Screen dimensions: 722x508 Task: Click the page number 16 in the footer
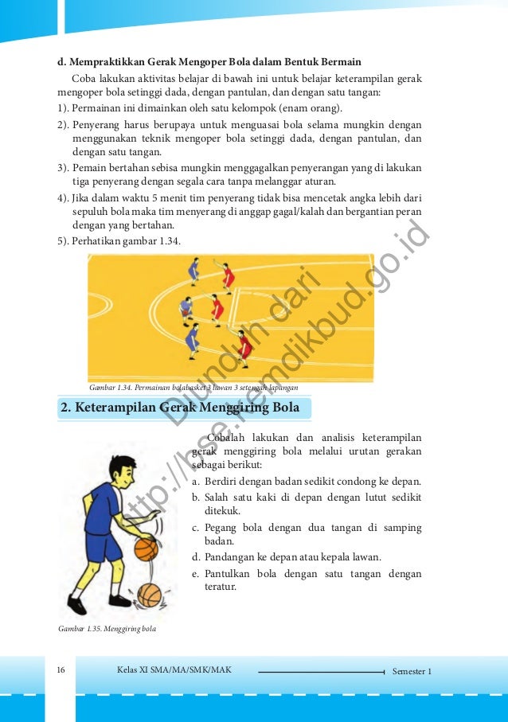click(x=61, y=670)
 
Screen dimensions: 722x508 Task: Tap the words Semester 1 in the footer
click(x=412, y=671)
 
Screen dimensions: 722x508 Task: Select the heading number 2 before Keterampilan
click(x=67, y=409)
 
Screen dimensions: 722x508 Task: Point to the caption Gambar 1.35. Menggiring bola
click(x=107, y=629)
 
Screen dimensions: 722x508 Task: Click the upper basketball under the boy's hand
click(x=146, y=548)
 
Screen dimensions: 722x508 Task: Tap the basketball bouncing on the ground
click(x=149, y=594)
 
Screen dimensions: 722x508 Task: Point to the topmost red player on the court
click(x=229, y=275)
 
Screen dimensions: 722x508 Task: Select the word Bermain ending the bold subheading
click(x=339, y=61)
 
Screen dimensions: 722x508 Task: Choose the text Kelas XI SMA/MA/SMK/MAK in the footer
click(x=174, y=670)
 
